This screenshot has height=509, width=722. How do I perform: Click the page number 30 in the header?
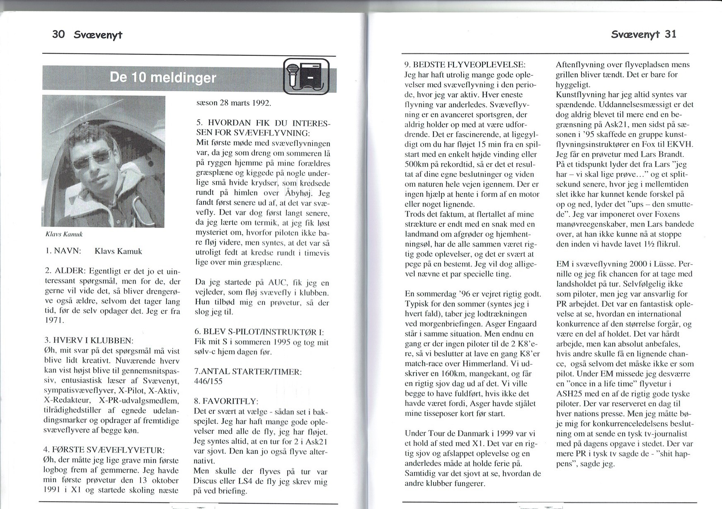58,34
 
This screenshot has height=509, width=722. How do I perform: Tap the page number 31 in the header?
670,34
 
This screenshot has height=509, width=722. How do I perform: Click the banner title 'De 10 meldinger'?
163,78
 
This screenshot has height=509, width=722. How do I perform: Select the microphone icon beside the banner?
293,73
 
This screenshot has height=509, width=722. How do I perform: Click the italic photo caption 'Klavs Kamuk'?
64,234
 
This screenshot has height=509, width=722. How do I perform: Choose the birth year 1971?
53,321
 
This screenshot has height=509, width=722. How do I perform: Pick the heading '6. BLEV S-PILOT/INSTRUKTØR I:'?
259,332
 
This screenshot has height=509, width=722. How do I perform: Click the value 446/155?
208,381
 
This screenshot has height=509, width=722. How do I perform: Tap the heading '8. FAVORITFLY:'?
226,401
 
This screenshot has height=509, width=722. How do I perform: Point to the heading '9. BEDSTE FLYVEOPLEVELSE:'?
465,65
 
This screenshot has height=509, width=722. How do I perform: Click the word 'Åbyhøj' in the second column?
301,194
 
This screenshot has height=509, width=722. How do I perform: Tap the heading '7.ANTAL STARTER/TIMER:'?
247,372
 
